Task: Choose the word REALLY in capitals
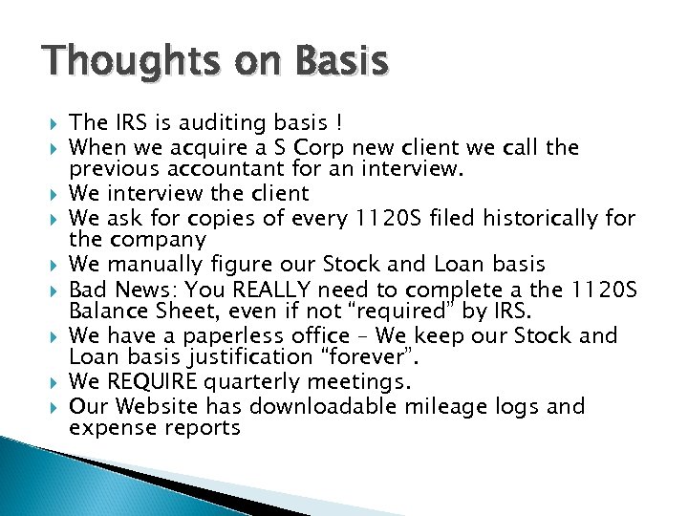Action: tap(277, 289)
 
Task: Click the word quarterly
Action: tap(251, 382)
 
